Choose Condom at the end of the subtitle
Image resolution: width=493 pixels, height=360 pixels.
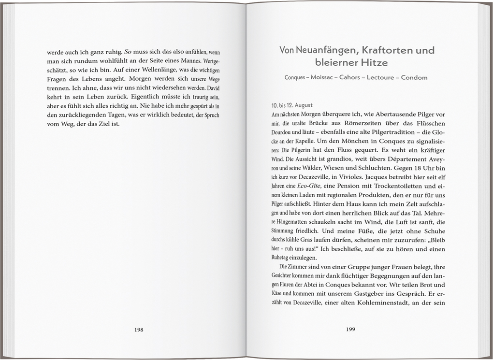pos(414,77)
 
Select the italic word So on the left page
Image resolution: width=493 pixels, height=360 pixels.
pos(128,52)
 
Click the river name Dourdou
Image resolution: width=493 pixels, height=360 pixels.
pos(285,132)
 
